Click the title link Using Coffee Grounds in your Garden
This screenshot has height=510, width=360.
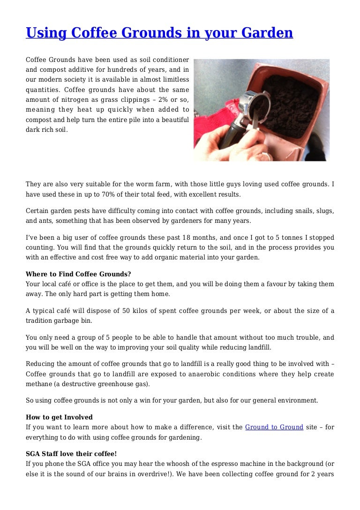pos(159,33)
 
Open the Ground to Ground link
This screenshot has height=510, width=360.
pos(274,427)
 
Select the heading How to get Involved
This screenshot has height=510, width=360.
pos(59,417)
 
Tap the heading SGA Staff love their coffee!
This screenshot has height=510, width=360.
pos(71,454)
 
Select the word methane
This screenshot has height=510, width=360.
pos(40,384)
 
